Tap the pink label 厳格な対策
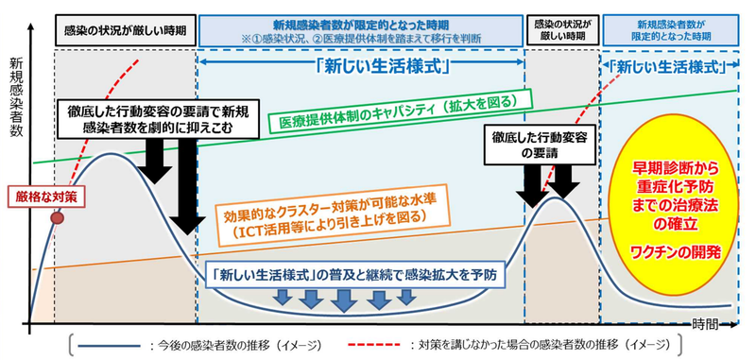coord(37,196)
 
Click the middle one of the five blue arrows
coord(344,299)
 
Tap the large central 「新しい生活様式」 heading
coord(360,69)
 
